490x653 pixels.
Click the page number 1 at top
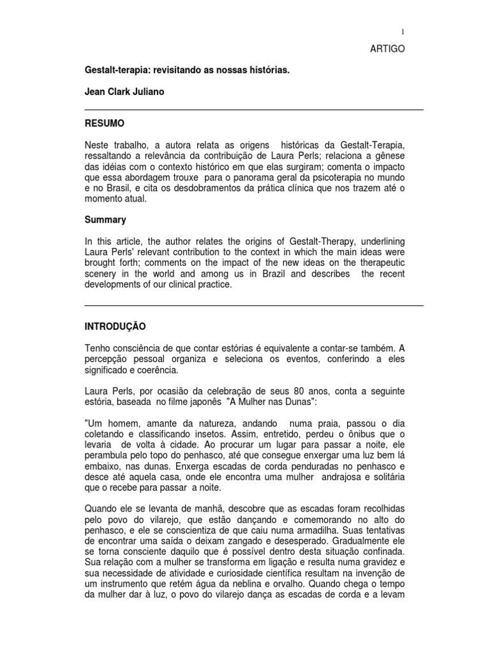point(403,31)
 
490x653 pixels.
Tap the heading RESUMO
point(105,122)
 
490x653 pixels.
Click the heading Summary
point(105,220)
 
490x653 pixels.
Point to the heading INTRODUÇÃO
point(115,326)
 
